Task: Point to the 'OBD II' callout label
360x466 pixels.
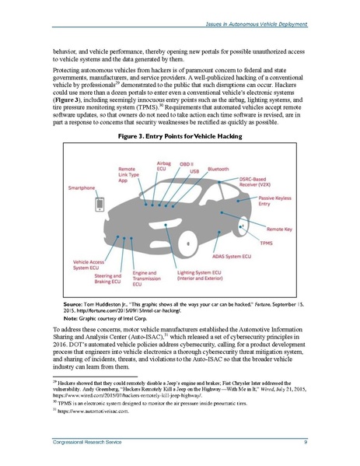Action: coord(187,163)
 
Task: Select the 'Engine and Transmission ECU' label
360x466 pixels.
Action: coord(145,279)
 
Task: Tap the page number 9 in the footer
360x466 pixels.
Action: coord(306,443)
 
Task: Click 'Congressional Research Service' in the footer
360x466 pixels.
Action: coord(76,443)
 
